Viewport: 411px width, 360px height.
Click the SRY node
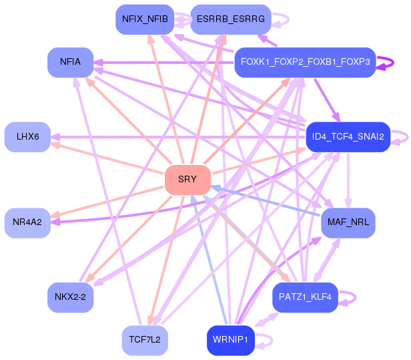pos(187,180)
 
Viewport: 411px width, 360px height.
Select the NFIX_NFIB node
pos(145,19)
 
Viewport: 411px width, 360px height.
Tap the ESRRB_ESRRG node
pos(231,19)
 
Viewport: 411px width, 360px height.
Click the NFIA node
pos(70,62)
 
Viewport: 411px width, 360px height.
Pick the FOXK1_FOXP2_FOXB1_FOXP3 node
pos(305,62)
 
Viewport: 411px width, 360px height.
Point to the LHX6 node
pos(27,137)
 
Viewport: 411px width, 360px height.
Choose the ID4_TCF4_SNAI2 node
pos(348,137)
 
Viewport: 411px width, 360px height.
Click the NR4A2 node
pos(27,222)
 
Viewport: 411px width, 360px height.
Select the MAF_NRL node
pos(348,222)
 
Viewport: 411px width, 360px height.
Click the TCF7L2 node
pos(145,340)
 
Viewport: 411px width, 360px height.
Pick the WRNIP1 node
pos(231,340)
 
